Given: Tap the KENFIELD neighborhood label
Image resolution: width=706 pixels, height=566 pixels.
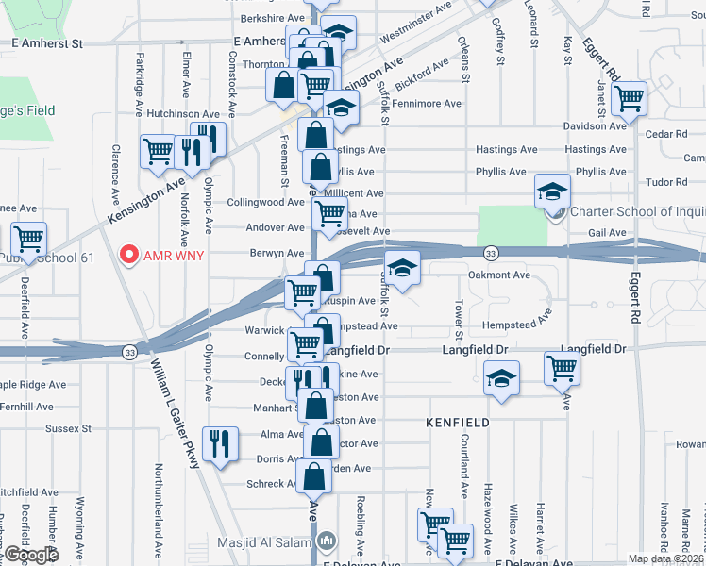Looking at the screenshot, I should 458,423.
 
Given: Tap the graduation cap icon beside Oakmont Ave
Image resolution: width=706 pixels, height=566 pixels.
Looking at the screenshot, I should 402,268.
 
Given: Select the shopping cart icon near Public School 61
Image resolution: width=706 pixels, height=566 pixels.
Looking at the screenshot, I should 28,240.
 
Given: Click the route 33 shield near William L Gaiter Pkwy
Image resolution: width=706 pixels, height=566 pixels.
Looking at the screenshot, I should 128,351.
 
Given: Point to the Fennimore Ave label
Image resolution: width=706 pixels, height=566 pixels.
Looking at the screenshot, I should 426,104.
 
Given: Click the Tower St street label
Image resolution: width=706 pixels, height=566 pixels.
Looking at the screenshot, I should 458,321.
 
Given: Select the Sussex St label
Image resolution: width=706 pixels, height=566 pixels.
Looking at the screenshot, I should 68,428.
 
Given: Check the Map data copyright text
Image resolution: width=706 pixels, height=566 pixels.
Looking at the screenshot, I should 666,558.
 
